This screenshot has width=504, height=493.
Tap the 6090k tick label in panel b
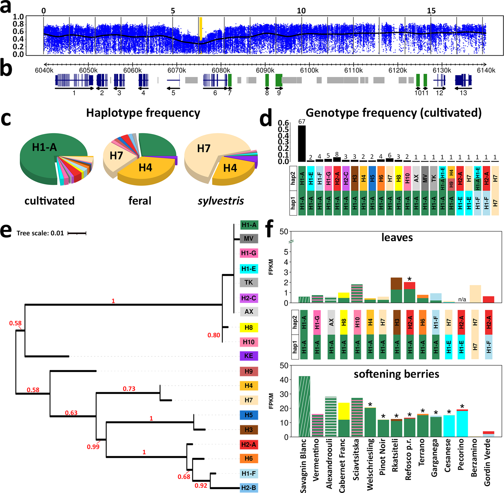(265, 70)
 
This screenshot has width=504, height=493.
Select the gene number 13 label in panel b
(463, 93)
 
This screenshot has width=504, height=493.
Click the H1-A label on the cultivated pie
(45, 147)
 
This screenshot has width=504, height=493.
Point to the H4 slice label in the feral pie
(145, 168)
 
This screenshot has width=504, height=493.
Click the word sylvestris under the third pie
(221, 201)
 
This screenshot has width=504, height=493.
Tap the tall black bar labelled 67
(302, 143)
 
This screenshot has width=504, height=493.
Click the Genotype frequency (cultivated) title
(393, 113)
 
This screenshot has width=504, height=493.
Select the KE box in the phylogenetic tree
(249, 356)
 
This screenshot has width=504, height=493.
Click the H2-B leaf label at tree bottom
(249, 488)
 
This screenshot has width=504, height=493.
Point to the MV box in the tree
(249, 238)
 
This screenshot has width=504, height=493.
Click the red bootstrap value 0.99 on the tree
(93, 447)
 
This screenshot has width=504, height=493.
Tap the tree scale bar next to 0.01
(77, 233)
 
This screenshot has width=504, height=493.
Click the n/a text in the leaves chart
(462, 299)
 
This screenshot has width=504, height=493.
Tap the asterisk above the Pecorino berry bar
(462, 406)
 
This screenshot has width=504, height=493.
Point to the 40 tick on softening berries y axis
(284, 380)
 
